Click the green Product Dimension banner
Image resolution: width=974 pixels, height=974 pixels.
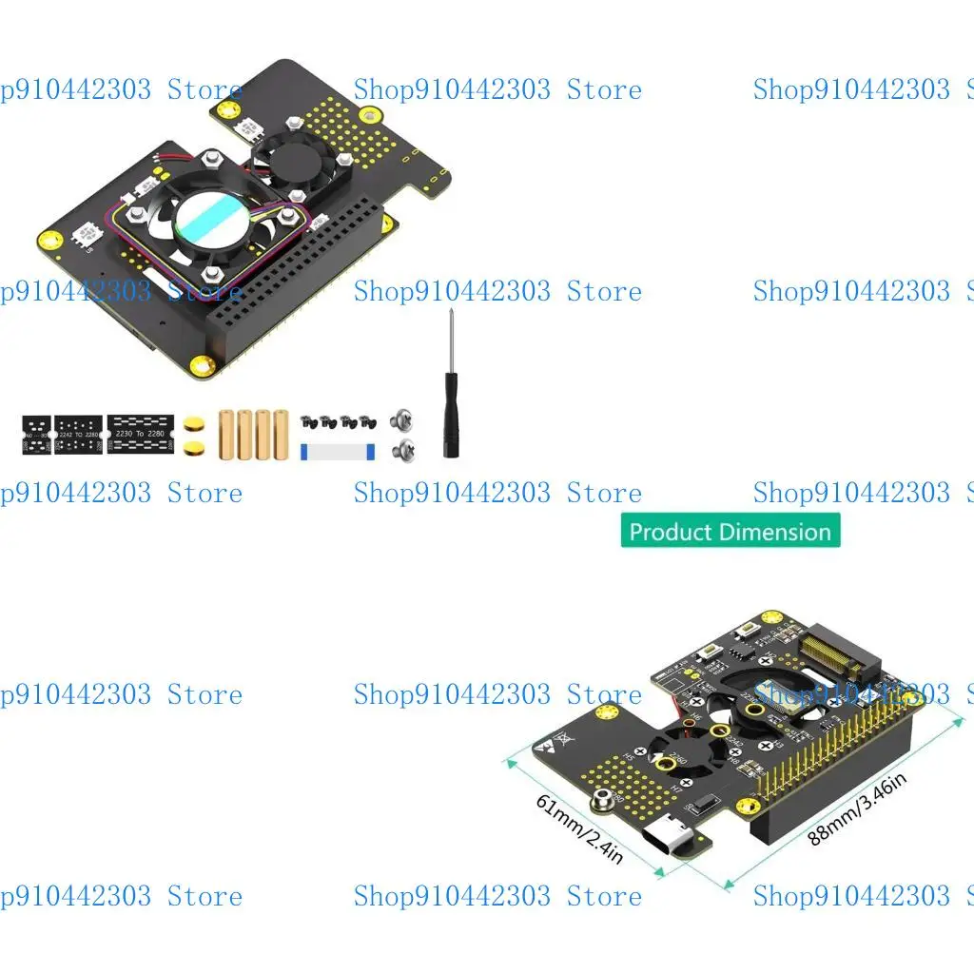click(x=730, y=531)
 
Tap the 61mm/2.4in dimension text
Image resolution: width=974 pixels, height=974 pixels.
click(x=580, y=828)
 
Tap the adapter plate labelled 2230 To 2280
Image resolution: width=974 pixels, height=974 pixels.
click(x=141, y=433)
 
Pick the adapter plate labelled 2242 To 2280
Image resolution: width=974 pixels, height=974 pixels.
click(x=78, y=433)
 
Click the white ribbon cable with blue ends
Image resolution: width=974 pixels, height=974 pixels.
click(x=338, y=451)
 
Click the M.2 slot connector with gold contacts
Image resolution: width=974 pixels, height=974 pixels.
click(x=837, y=656)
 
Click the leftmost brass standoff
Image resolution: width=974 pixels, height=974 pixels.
click(x=225, y=434)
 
